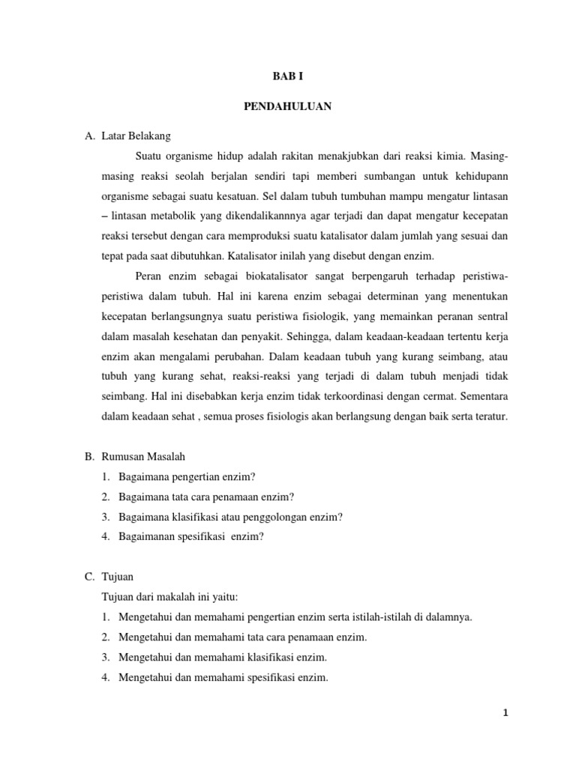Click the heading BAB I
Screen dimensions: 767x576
288,77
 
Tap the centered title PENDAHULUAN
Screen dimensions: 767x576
288,107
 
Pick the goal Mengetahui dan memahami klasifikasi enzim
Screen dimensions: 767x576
223,658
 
